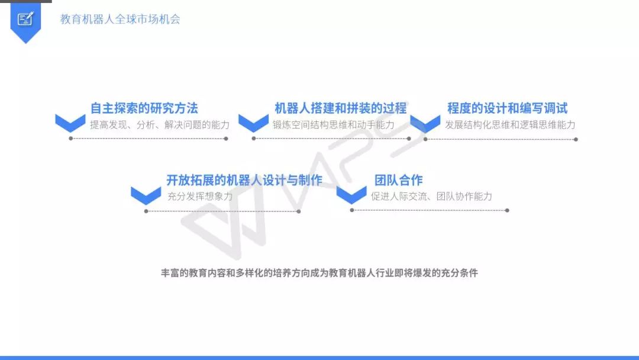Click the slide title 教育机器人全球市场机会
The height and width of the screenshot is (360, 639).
pos(120,19)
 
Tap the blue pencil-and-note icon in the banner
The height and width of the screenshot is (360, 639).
pos(25,19)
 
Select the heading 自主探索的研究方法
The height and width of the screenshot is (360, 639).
pos(144,108)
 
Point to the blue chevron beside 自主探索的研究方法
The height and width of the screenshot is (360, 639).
pos(70,123)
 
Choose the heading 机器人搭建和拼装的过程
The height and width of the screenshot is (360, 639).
pos(340,108)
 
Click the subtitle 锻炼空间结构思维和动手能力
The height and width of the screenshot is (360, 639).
pos(333,124)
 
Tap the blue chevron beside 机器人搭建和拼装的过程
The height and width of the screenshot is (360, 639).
pos(254,123)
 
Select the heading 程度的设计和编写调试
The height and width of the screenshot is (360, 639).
pos(507,108)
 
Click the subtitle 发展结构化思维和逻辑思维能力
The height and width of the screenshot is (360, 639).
pos(510,124)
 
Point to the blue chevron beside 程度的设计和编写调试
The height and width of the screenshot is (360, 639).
pos(425,123)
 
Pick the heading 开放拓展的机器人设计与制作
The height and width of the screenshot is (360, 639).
pos(244,180)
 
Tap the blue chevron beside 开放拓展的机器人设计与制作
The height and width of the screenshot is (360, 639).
pos(146,195)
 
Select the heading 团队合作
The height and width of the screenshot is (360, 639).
pos(398,180)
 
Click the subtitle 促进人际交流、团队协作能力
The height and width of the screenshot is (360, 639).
pos(431,196)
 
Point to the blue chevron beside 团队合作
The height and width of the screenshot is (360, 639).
pos(351,195)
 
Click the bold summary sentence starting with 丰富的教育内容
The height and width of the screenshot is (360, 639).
pos(319,274)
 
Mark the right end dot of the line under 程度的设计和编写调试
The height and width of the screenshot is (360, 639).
pos(576,140)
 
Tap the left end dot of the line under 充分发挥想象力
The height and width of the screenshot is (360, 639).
pos(146,211)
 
